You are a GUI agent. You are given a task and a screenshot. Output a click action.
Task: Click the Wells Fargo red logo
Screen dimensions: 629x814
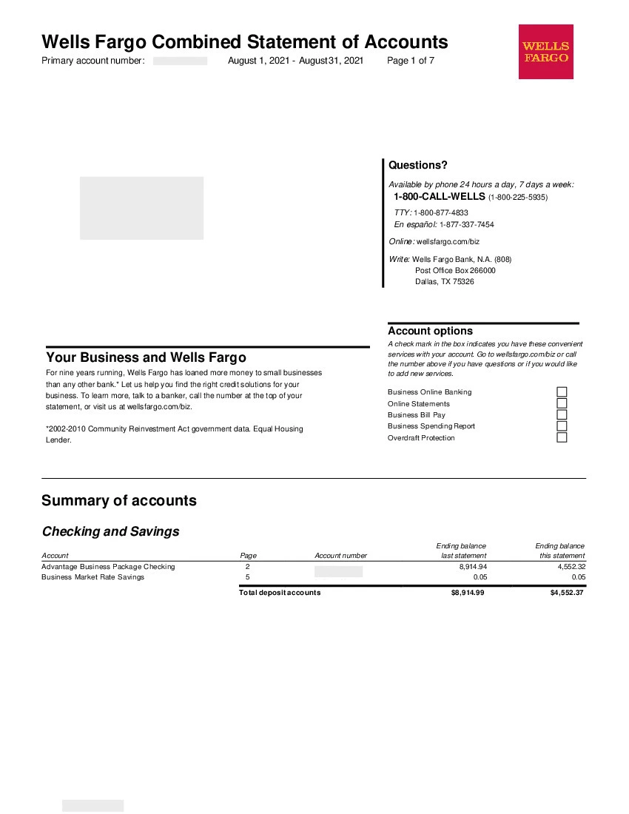coord(546,52)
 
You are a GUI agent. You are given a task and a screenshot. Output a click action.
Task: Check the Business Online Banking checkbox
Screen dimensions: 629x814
coord(562,392)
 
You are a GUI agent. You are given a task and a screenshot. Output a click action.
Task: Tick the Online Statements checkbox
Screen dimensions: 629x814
coord(562,403)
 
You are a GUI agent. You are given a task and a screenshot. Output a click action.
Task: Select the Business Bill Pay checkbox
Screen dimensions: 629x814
coord(562,414)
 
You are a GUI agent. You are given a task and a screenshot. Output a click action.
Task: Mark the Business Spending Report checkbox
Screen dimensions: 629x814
coord(562,425)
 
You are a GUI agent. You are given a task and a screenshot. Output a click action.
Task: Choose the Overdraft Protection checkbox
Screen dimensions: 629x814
coord(562,437)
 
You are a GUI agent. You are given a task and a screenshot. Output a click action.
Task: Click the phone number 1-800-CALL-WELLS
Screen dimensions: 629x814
coord(440,197)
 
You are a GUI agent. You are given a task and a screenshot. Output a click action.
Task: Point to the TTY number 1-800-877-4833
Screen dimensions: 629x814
coord(441,212)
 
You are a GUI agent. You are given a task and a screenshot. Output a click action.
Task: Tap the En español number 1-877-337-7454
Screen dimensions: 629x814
coord(467,224)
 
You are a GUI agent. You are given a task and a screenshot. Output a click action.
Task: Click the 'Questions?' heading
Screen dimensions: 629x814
coord(418,165)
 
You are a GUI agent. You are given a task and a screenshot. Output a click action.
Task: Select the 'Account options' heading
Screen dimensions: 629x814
coord(430,331)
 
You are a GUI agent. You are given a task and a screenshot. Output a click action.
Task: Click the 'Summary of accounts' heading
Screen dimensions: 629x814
coord(119,500)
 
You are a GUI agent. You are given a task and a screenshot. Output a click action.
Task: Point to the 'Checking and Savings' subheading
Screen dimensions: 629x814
coord(110,531)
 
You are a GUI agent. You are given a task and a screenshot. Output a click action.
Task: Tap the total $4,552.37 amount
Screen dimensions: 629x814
coord(565,592)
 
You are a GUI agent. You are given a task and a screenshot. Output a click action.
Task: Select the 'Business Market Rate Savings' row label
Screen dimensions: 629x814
coord(93,577)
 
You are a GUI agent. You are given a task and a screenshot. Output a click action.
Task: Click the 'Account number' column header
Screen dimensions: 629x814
coord(340,556)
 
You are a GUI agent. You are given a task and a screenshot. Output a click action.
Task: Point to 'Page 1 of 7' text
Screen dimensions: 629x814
coord(411,61)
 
